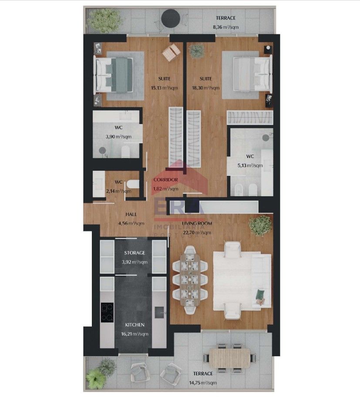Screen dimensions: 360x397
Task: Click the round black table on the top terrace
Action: [x=171, y=18]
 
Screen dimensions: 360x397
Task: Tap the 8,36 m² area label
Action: [x=226, y=27]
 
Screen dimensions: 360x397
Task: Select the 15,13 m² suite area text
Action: [x=164, y=88]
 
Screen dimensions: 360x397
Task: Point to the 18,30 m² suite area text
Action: [x=205, y=88]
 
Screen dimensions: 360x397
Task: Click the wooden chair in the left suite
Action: [x=172, y=52]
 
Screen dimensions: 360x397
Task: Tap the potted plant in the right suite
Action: [x=197, y=51]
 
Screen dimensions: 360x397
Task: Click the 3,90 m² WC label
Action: [x=118, y=137]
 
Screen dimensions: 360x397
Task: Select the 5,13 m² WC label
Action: [x=250, y=165]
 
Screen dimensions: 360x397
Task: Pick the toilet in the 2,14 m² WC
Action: [x=133, y=184]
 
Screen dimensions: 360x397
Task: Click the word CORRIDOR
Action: [x=165, y=180]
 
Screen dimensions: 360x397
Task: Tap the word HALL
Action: [x=131, y=214]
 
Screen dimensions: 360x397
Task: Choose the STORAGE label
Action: [x=135, y=252]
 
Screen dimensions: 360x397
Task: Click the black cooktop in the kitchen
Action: [x=108, y=313]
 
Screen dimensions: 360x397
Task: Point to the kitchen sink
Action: [x=159, y=312]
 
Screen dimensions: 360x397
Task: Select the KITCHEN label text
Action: [x=135, y=325]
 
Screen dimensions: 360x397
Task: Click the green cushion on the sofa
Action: [x=260, y=294]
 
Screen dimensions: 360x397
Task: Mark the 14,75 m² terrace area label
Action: [x=203, y=383]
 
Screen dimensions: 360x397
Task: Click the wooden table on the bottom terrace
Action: [x=230, y=358]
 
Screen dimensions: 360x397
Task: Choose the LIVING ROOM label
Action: [x=197, y=223]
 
